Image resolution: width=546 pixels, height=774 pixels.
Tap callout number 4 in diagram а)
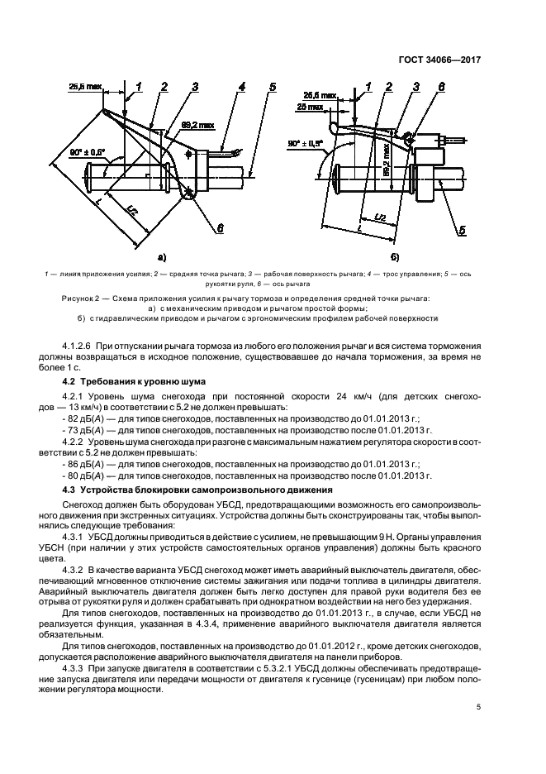point(240,86)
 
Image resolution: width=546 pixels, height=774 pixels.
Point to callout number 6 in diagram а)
point(221,225)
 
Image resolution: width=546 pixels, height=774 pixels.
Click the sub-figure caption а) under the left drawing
point(162,257)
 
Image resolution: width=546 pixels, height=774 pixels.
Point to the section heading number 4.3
point(71,490)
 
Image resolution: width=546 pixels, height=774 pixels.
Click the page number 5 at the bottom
point(478,707)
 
